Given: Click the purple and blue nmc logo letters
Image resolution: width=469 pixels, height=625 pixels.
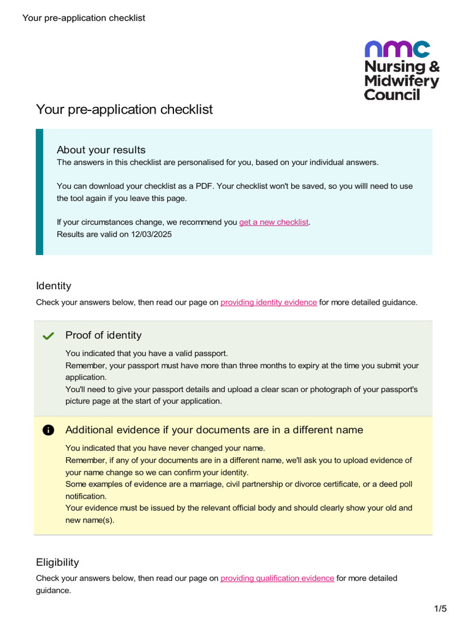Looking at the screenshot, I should pos(397,49).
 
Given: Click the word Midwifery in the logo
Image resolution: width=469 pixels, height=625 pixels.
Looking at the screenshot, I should pos(401,81).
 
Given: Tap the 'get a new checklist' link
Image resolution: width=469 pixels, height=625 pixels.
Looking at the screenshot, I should pos(274,222).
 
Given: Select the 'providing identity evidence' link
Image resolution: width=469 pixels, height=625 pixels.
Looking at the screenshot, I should pos(269,302).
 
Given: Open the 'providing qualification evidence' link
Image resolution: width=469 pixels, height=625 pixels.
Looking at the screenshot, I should pos(277,578).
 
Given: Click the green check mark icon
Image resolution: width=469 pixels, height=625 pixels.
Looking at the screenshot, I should pos(49,336).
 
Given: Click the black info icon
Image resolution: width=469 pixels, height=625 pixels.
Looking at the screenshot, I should pos(49,430).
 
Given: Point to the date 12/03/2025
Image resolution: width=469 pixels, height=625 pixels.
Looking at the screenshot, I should pos(151,234).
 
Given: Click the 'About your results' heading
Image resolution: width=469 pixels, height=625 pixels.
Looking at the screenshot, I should pos(101,150).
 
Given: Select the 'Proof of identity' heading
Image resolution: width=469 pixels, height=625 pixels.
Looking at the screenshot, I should pos(103,335).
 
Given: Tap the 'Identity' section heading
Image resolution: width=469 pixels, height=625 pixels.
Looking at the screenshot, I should pos(54,286).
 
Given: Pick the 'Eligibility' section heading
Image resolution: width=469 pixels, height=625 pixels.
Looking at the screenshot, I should pos(57,562).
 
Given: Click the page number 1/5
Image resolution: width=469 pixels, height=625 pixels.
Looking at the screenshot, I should pos(440,609).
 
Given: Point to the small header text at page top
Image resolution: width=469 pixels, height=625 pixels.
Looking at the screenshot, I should pos(84,18).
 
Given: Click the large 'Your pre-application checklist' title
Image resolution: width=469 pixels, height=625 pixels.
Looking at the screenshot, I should pos(125,109).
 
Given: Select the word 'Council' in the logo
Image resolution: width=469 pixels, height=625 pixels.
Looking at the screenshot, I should pos(392,95).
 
